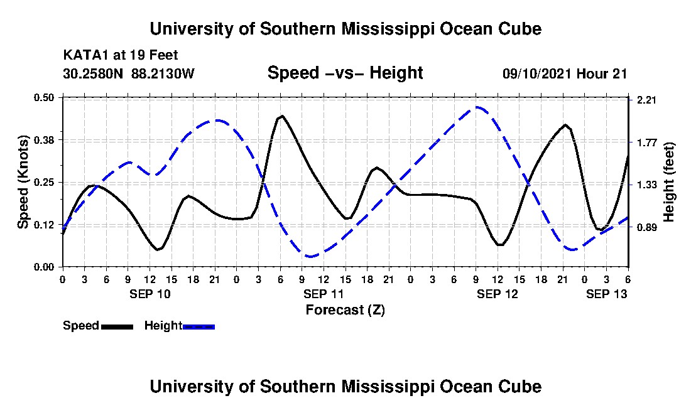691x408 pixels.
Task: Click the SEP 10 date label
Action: (x=150, y=294)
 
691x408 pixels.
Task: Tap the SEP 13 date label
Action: (x=606, y=294)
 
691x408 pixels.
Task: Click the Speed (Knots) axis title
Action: (x=23, y=181)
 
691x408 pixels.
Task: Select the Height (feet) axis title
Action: (x=668, y=182)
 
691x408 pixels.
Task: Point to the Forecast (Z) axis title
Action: (x=345, y=309)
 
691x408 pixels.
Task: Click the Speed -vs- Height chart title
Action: (x=345, y=73)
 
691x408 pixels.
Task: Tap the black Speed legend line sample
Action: (x=117, y=326)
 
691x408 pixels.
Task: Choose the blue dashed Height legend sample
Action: (x=199, y=326)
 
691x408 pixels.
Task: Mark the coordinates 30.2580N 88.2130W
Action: (x=129, y=74)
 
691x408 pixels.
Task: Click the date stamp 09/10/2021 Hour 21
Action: (x=565, y=74)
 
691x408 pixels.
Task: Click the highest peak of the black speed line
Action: (x=282, y=115)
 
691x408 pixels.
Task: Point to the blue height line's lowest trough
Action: (x=309, y=256)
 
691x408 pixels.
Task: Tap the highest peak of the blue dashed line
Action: (x=477, y=107)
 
